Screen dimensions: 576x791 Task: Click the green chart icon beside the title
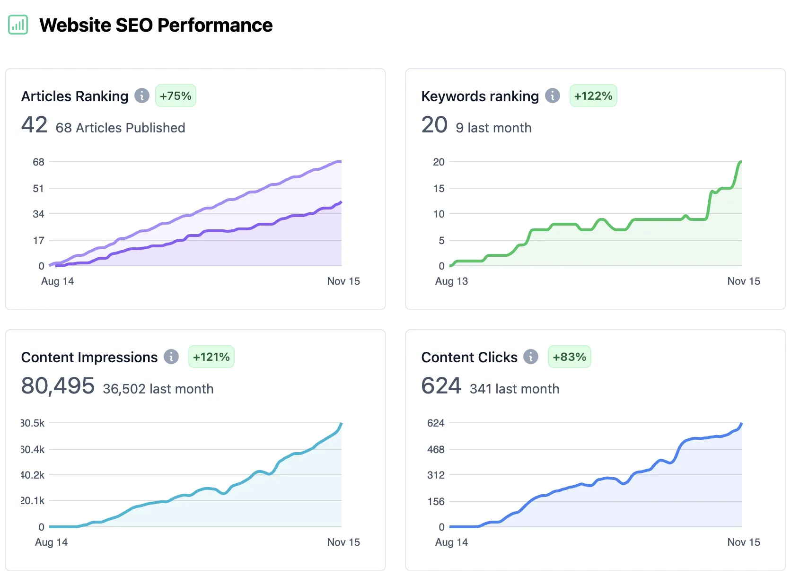pos(18,25)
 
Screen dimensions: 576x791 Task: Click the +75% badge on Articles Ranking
pos(176,96)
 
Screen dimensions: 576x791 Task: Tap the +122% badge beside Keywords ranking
pos(593,96)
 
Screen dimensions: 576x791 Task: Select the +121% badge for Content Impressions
pos(211,357)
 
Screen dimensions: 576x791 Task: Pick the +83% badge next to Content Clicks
pos(569,357)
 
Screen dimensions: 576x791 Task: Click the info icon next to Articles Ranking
pos(142,96)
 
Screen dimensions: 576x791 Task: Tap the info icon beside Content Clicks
pos(531,357)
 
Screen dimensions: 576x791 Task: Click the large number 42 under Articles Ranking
pos(34,125)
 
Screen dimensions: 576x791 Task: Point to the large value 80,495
pos(58,386)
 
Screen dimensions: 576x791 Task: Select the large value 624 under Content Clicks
pos(441,386)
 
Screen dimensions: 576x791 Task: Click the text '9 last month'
pos(493,128)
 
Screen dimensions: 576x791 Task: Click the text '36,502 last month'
pos(158,389)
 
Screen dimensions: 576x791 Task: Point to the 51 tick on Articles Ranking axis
pos(38,189)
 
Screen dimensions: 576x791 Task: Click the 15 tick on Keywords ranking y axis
pos(439,189)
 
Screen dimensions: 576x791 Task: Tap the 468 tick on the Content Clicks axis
pos(436,450)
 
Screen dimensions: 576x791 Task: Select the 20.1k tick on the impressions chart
pos(33,501)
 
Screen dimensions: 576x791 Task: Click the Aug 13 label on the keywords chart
pos(451,281)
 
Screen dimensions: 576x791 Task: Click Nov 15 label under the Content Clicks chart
pos(743,542)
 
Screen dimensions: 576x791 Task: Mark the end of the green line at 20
pos(740,162)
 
